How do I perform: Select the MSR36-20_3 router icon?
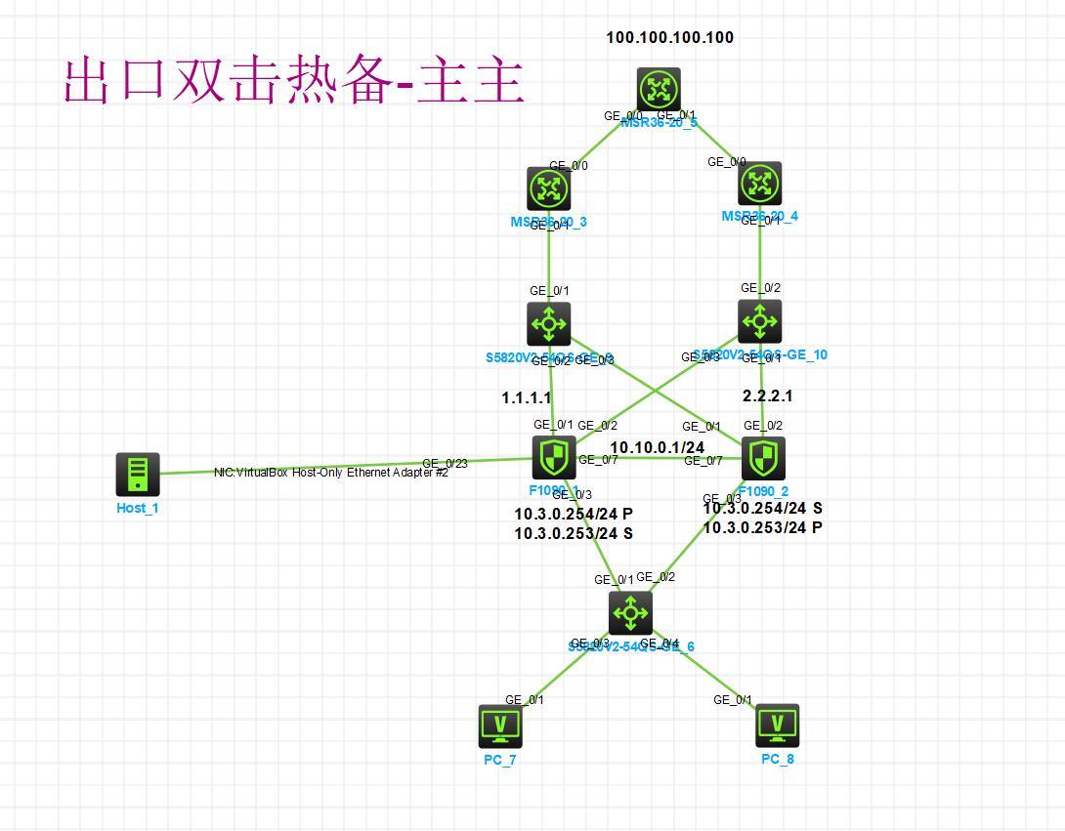coord(548,187)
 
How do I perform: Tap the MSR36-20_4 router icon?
coord(759,183)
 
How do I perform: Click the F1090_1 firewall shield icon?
coord(553,457)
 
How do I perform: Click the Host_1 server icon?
coord(137,474)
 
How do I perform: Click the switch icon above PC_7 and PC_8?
coord(630,612)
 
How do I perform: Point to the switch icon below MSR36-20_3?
coord(549,323)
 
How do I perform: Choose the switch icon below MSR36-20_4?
coord(759,320)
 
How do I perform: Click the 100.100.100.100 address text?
coord(670,38)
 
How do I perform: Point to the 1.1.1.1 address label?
coord(527,398)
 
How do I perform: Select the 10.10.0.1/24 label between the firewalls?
coord(664,448)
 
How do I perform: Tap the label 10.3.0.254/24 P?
coord(574,514)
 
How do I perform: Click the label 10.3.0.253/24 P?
coord(762,527)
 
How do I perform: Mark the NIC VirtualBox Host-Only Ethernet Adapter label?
coord(330,473)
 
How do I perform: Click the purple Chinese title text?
coord(294,82)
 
